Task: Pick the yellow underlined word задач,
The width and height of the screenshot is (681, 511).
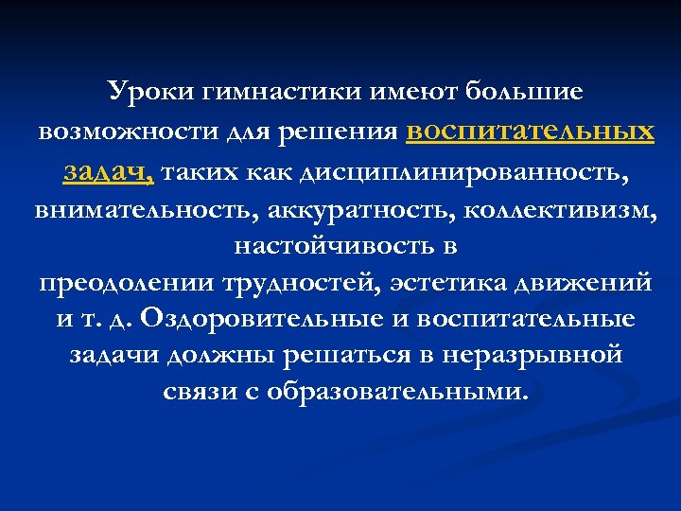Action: coord(109,171)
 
